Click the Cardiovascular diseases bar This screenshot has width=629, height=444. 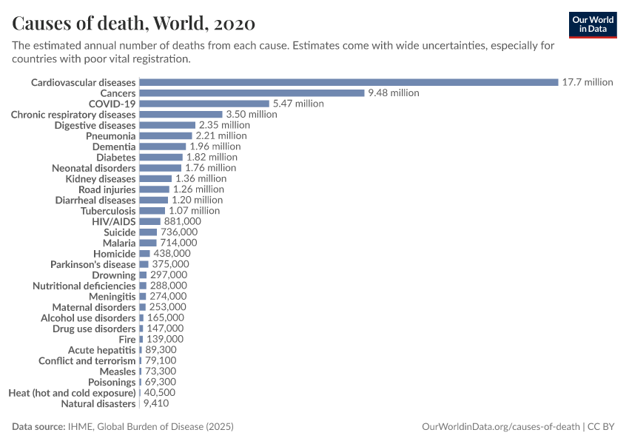tap(349, 82)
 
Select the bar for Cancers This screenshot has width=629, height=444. tap(252, 93)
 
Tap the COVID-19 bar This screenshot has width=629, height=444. tap(204, 104)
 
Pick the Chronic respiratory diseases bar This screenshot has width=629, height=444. tap(181, 115)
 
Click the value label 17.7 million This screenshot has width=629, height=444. tap(588, 82)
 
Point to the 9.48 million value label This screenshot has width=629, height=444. tap(394, 93)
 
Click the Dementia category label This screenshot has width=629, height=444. tap(114, 147)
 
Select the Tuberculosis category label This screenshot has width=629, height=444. tap(108, 211)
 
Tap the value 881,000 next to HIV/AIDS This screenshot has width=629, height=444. tap(182, 221)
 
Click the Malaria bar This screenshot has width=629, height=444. tap(148, 243)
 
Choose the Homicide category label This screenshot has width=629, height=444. tap(115, 254)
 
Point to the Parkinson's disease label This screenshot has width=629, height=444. tap(93, 264)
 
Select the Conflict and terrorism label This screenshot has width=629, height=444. tap(87, 361)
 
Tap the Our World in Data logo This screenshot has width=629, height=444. tap(592, 24)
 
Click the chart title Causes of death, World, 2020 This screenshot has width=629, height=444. tap(134, 23)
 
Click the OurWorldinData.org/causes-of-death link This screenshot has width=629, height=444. tap(499, 427)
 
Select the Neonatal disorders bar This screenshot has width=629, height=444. tap(160, 168)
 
